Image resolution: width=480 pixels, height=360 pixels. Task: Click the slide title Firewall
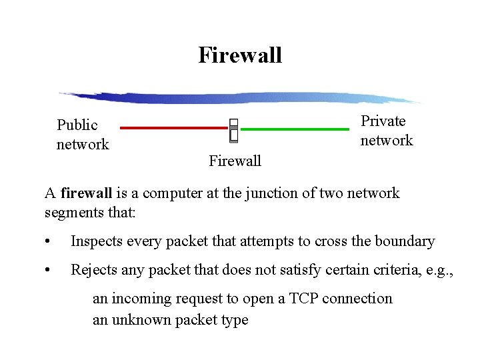click(x=240, y=55)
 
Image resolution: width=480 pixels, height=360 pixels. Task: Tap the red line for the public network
click(x=173, y=128)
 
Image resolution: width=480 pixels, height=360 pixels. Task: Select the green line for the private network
click(x=294, y=128)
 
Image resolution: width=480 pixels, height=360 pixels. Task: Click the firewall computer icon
click(x=233, y=130)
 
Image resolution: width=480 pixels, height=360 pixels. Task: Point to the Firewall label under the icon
click(x=235, y=161)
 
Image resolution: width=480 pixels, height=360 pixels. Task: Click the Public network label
click(x=83, y=135)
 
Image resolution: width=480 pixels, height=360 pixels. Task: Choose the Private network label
click(x=387, y=131)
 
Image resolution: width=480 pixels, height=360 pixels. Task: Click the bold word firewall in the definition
click(x=86, y=194)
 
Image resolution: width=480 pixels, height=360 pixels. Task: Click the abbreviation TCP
click(x=304, y=299)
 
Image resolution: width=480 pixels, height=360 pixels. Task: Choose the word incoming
click(x=139, y=299)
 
